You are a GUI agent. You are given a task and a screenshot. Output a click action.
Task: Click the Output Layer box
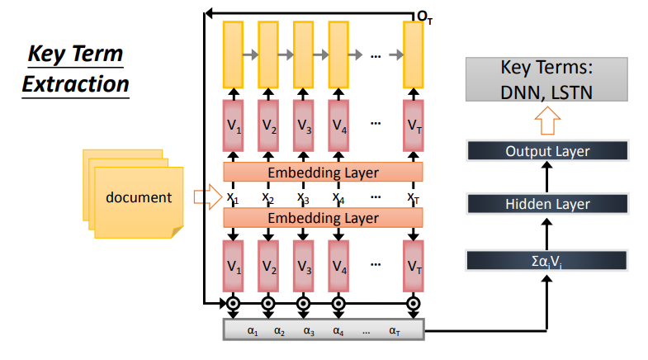[x=547, y=150]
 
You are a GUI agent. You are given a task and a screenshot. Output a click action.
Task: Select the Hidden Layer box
[x=547, y=204]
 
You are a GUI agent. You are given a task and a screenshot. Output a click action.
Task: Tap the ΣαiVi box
[x=547, y=260]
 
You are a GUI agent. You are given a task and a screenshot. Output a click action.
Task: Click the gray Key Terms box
[x=547, y=80]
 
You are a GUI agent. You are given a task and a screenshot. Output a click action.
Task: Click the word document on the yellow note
[x=139, y=197]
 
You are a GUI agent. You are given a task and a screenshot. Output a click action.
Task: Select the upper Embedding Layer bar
[x=323, y=172]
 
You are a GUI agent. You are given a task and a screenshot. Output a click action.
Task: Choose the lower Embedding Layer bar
[x=323, y=218]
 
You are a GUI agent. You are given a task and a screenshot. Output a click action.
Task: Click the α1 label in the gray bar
[x=253, y=331]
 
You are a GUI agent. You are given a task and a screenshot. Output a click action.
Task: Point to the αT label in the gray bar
[x=396, y=331]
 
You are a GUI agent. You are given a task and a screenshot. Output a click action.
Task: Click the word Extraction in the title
[x=75, y=83]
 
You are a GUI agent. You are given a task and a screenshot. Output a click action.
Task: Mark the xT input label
[x=414, y=197]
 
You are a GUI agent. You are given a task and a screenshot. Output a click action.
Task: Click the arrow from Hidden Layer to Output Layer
[x=547, y=177]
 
